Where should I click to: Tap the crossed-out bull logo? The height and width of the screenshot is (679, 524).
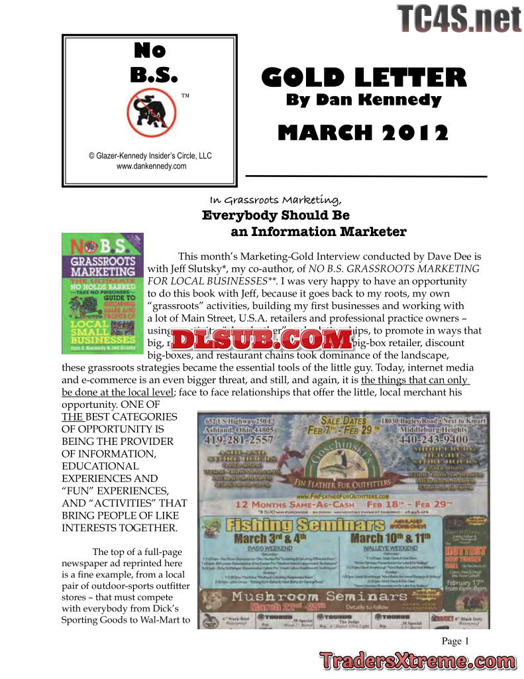[150, 111]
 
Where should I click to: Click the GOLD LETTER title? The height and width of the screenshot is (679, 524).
[364, 78]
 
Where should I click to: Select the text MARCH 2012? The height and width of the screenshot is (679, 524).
[363, 133]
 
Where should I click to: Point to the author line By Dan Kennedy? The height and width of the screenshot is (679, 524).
[363, 100]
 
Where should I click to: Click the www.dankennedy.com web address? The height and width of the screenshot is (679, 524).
[151, 166]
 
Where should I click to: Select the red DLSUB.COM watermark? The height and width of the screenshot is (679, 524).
[263, 339]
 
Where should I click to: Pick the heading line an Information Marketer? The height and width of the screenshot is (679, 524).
[318, 231]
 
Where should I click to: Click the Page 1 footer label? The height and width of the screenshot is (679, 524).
[455, 641]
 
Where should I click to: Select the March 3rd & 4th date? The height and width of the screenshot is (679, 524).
[258, 537]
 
